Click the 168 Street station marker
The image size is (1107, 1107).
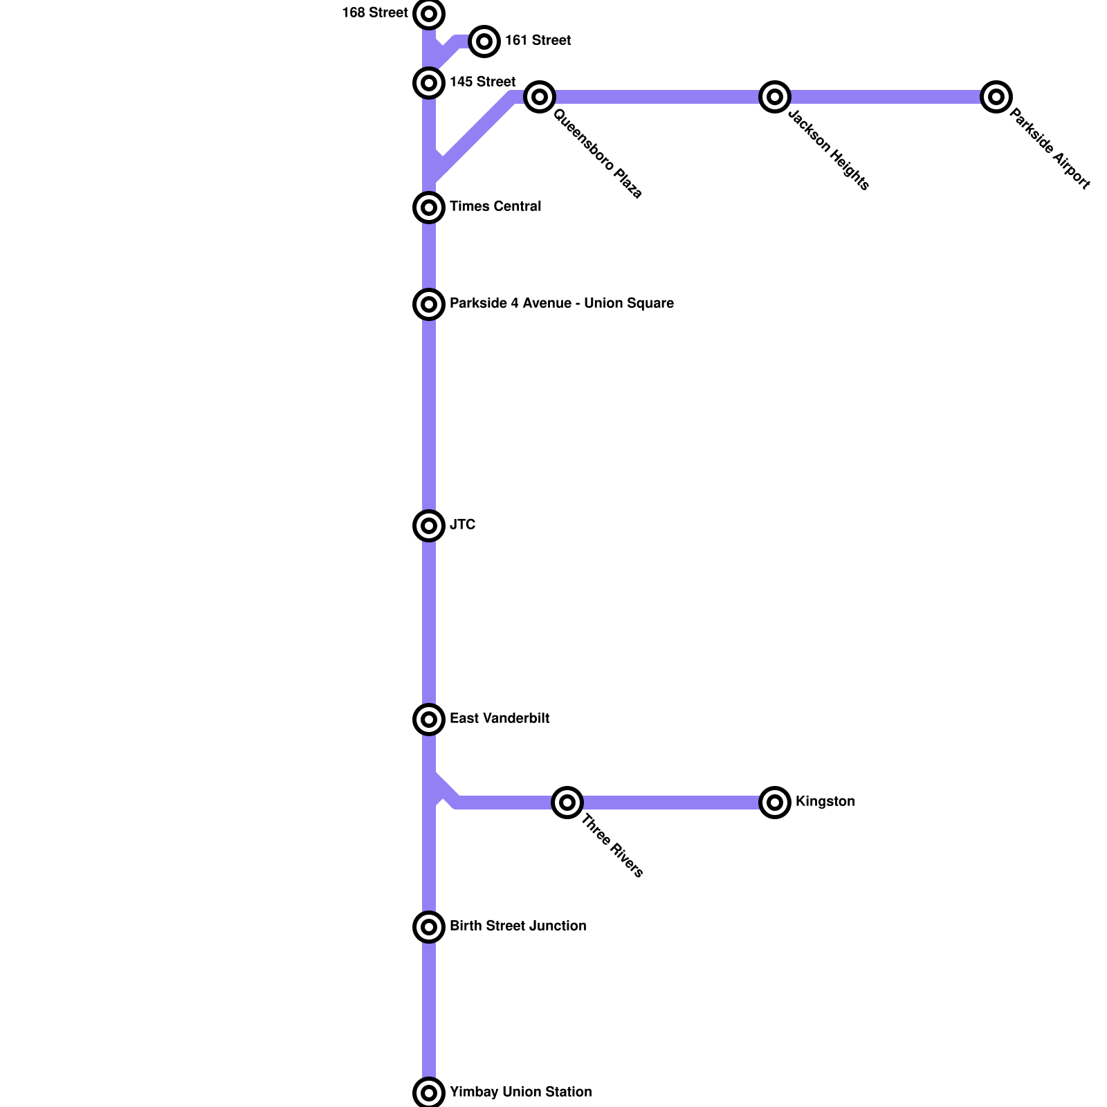[429, 14]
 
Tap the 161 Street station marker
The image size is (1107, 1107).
[484, 42]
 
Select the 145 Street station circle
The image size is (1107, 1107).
[429, 83]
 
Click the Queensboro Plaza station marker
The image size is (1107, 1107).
[540, 97]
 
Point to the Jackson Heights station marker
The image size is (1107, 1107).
[775, 97]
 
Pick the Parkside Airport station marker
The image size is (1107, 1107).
[996, 97]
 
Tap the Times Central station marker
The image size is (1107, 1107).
[429, 208]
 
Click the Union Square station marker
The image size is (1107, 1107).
[429, 304]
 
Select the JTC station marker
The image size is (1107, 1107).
[429, 526]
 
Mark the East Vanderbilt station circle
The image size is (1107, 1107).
[429, 720]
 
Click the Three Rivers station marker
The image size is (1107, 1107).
[567, 803]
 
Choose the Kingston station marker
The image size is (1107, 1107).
[775, 803]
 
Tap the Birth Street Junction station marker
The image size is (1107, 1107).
[429, 927]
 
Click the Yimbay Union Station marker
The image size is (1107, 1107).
[429, 1093]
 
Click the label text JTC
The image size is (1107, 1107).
[462, 525]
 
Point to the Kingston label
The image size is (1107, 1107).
[825, 802]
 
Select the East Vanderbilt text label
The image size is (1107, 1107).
[500, 719]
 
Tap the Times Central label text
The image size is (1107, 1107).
[495, 207]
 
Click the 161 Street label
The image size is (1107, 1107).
[538, 41]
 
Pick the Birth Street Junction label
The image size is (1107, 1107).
[518, 926]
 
